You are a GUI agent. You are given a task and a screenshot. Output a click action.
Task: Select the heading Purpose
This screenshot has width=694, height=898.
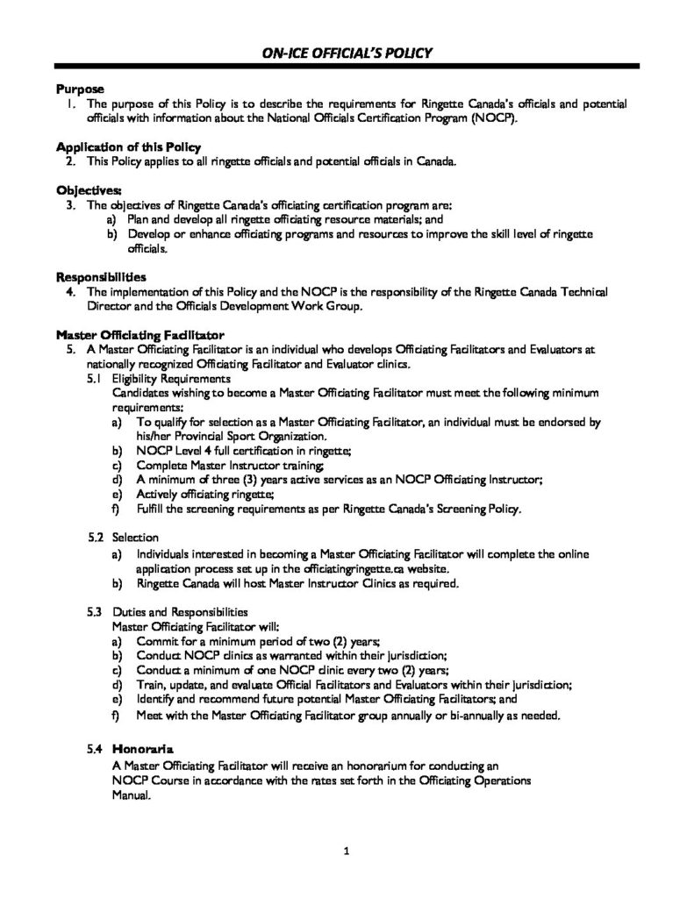point(80,89)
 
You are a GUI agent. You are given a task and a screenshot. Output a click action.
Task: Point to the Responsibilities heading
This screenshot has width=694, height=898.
point(102,276)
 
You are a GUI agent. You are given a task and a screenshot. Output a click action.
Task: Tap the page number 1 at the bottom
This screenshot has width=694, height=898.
point(347,851)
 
